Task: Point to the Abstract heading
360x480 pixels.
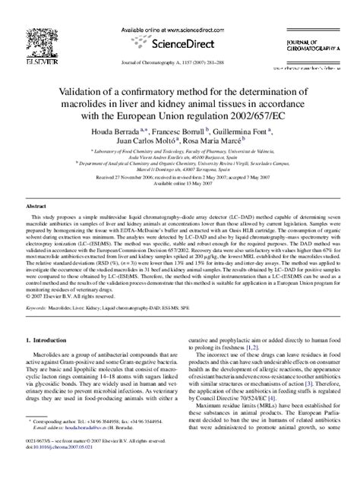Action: [x=36, y=207]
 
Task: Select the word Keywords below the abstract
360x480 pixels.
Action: [x=35, y=308]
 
